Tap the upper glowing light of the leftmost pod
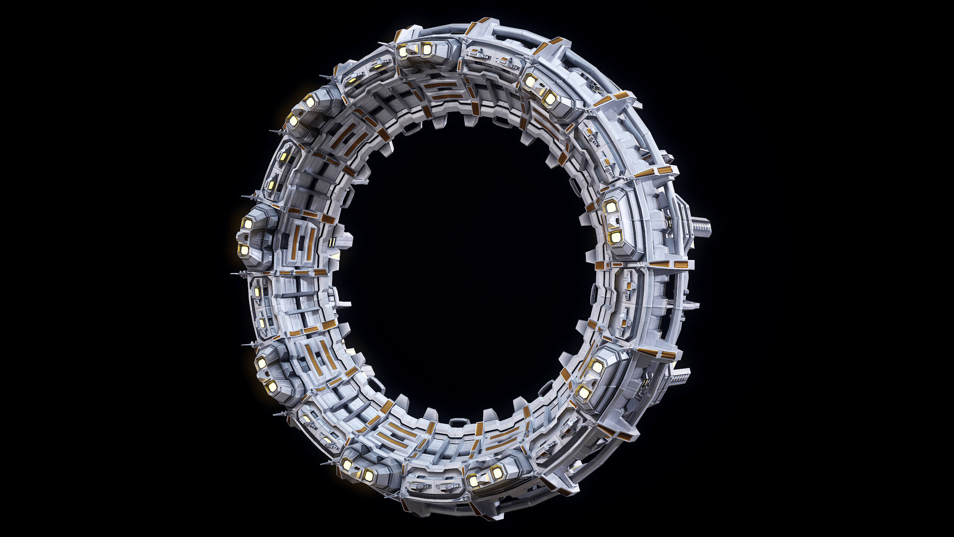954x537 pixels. tap(248, 224)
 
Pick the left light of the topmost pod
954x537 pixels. tap(403, 52)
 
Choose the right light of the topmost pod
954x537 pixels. tap(427, 48)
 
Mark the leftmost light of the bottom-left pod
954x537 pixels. tap(347, 465)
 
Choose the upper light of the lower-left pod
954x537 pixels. tap(262, 362)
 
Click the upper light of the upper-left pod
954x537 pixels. tap(310, 100)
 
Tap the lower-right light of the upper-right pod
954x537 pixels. tap(550, 99)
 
